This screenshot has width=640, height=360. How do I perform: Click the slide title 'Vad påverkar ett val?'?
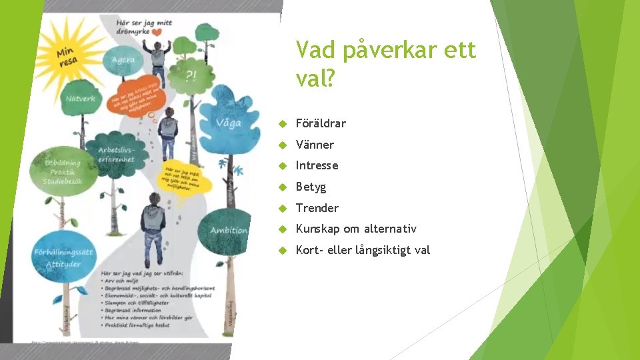point(386,65)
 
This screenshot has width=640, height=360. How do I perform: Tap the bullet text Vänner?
point(315,145)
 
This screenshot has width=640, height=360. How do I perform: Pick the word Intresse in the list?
point(317,165)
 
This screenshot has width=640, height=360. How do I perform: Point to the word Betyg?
point(311,187)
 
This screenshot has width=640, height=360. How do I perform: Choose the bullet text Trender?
point(317,208)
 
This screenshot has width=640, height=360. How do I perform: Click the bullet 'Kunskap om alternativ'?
point(356,229)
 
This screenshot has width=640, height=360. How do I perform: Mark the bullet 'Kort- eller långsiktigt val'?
point(363,250)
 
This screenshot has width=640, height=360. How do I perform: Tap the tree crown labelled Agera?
point(123,61)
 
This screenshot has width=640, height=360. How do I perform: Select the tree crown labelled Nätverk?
point(81,100)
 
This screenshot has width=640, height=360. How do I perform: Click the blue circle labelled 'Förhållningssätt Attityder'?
point(63,257)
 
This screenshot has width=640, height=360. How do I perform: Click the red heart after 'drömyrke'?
point(156,31)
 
